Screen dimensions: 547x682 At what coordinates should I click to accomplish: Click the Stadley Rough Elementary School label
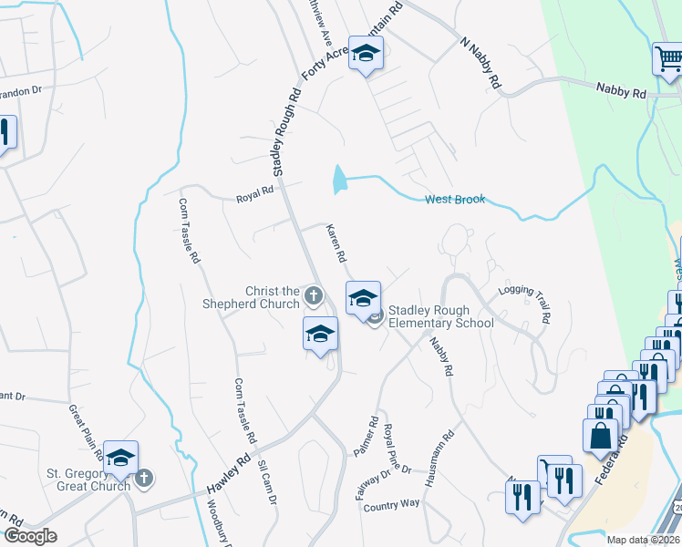441,316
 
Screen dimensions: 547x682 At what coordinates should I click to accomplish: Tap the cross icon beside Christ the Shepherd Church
313,295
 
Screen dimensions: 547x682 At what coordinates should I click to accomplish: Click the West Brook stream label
455,200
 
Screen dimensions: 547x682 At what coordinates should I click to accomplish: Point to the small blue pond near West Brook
340,180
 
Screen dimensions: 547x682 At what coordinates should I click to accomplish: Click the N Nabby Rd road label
481,63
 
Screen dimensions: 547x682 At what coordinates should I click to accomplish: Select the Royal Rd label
255,192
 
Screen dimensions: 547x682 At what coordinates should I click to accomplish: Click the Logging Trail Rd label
524,305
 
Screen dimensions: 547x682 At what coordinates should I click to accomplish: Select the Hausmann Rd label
448,453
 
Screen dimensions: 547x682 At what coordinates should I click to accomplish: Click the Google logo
31,536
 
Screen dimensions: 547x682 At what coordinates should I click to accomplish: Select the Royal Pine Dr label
398,449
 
